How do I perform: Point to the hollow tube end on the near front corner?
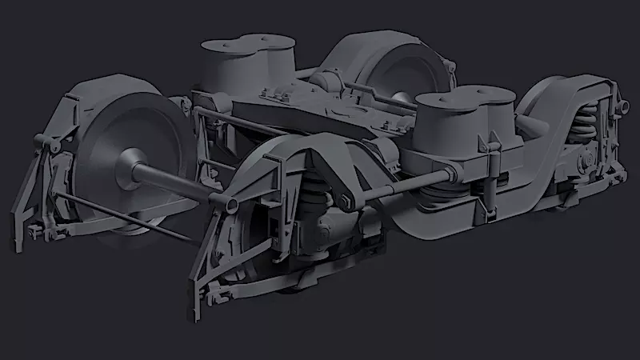point(232,206)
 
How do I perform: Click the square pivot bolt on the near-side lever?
point(346,202)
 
